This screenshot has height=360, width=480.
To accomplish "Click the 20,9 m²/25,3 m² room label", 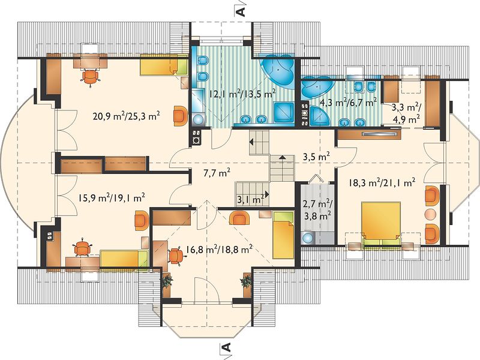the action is [126, 116].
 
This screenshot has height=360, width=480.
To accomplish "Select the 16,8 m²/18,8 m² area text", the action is [219, 250].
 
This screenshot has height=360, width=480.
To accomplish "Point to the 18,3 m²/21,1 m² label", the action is [382, 182].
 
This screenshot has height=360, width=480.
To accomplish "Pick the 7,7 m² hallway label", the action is [217, 173].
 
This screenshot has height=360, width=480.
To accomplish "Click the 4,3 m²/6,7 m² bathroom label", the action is [348, 101].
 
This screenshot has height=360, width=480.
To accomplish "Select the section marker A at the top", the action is [241, 11].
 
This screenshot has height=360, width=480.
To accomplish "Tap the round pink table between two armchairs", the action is [431, 214].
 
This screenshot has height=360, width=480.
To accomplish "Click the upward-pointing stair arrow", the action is [282, 157].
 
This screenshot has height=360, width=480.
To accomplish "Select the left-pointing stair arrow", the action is [251, 142].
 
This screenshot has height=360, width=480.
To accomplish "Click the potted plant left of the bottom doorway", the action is [167, 281].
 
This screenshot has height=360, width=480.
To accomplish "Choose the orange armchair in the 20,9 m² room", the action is [179, 115].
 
